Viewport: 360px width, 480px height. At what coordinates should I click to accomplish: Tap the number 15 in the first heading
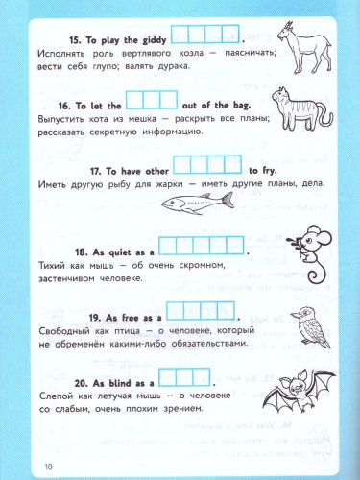75,39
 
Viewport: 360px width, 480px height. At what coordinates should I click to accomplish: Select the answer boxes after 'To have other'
204,162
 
